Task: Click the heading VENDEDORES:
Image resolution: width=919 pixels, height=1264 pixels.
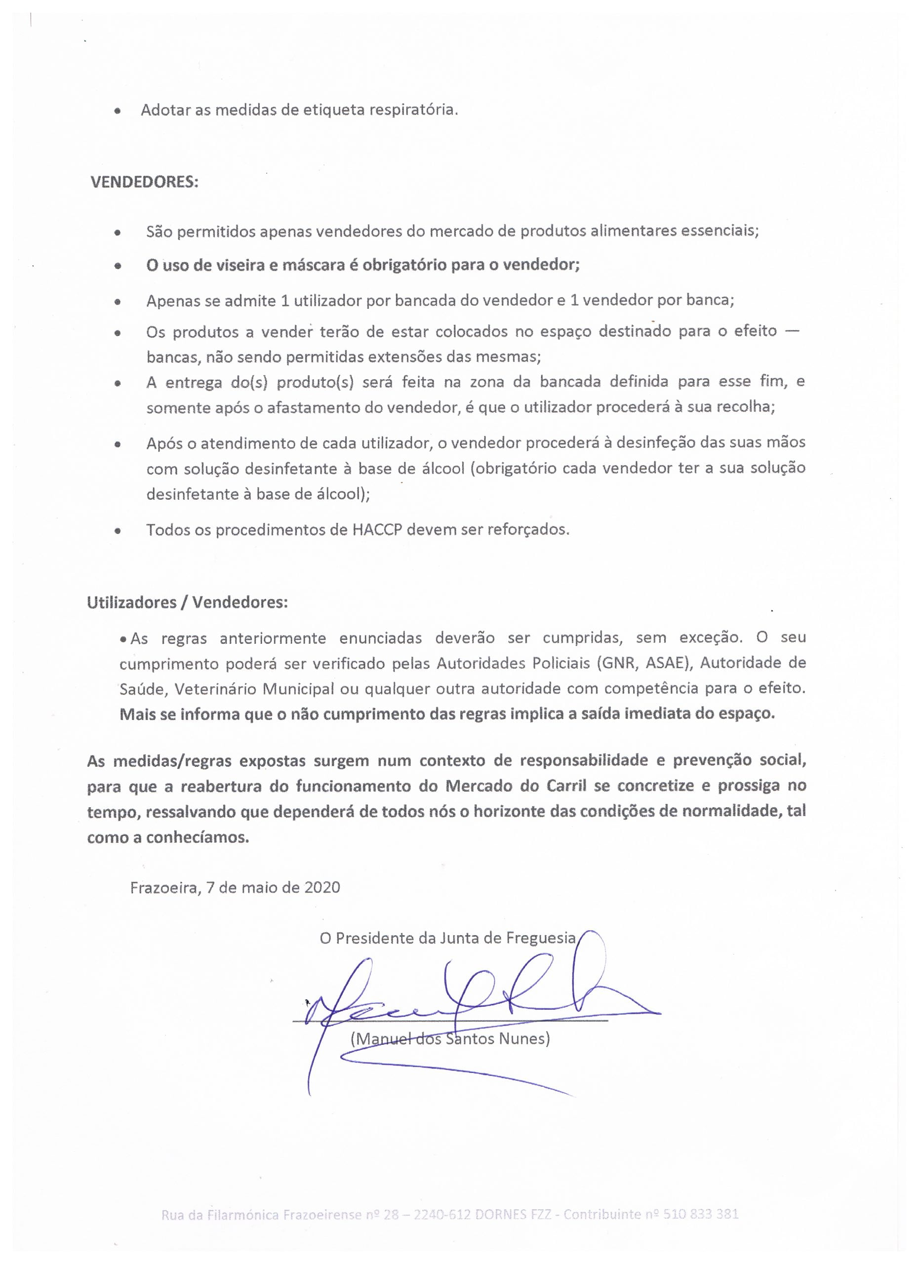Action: pyautogui.click(x=144, y=183)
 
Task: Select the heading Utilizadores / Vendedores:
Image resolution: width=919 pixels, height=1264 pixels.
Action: pyautogui.click(x=187, y=603)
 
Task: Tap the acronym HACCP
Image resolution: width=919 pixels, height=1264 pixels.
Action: pyautogui.click(x=377, y=529)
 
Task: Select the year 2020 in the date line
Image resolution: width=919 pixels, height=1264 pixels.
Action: pyautogui.click(x=321, y=887)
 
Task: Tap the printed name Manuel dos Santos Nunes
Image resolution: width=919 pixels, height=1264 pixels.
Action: pyautogui.click(x=450, y=1038)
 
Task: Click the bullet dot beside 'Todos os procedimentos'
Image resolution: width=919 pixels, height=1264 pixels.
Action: pyautogui.click(x=117, y=531)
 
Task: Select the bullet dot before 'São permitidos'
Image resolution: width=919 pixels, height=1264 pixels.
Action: pyautogui.click(x=117, y=234)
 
